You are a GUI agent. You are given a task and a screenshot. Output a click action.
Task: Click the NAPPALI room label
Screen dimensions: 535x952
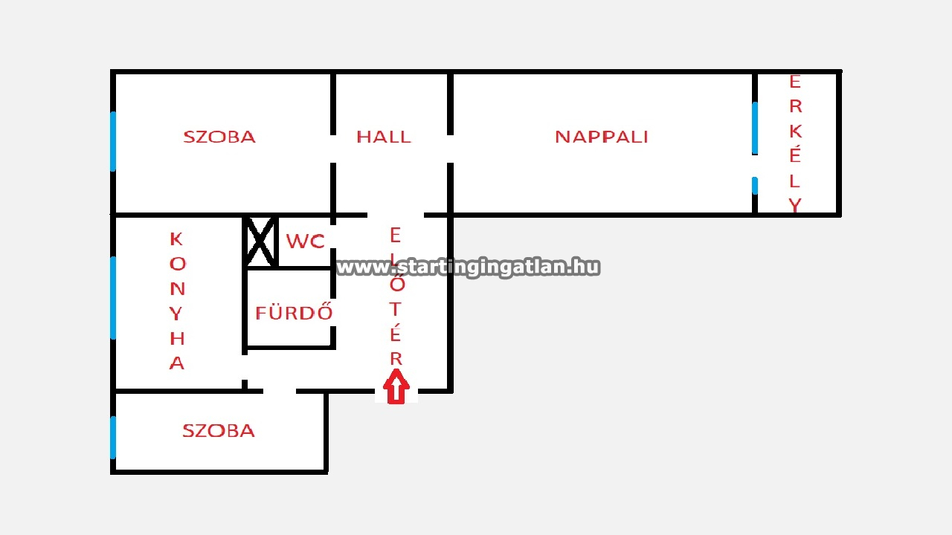pos(601,137)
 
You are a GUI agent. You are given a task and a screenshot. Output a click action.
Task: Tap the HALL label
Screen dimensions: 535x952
pos(383,137)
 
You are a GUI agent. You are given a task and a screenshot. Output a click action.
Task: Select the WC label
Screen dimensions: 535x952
pos(305,241)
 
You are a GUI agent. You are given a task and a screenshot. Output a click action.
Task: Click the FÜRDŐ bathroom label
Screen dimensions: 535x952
pos(294,313)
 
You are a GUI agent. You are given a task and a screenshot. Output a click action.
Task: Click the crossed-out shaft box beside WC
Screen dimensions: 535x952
pos(260,241)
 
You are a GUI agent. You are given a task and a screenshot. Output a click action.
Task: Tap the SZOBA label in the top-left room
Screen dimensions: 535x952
pos(219,137)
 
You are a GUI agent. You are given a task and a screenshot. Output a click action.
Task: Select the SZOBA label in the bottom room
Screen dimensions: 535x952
pos(219,431)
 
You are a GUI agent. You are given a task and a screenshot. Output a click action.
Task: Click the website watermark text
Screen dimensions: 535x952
pos(468,267)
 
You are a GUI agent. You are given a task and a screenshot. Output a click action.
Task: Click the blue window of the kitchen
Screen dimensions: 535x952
pos(113,297)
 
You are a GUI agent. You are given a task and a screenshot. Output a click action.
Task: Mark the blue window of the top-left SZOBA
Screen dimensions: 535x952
pos(113,141)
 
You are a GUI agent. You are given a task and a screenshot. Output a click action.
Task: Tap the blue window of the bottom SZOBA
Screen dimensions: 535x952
pos(113,437)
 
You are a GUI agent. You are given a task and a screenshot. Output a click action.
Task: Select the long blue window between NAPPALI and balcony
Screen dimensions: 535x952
pos(755,127)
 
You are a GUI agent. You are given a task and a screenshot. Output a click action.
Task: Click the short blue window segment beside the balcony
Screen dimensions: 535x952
pos(755,185)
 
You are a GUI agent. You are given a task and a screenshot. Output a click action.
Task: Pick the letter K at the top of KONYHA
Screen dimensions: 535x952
pos(176,239)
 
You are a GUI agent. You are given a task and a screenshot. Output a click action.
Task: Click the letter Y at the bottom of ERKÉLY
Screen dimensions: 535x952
pos(795,205)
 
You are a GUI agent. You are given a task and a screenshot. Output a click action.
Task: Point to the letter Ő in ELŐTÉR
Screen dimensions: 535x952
pos(396,283)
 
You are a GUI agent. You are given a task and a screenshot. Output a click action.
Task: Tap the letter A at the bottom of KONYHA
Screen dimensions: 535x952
pos(176,363)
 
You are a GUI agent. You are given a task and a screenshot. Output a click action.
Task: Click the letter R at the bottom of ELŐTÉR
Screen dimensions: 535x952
pos(396,358)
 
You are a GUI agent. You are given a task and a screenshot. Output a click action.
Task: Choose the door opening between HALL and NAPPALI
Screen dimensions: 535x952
pos(451,149)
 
